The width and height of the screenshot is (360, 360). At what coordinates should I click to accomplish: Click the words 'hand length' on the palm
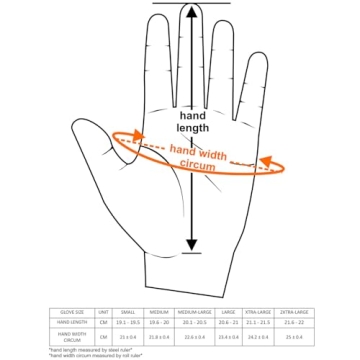194,121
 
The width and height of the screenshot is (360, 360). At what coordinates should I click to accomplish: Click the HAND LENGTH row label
71,321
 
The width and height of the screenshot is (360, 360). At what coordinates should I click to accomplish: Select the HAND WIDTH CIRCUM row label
71,336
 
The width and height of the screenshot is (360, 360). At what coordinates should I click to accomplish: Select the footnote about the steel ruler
89,349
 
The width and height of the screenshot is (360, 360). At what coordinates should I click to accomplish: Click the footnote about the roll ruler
97,354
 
